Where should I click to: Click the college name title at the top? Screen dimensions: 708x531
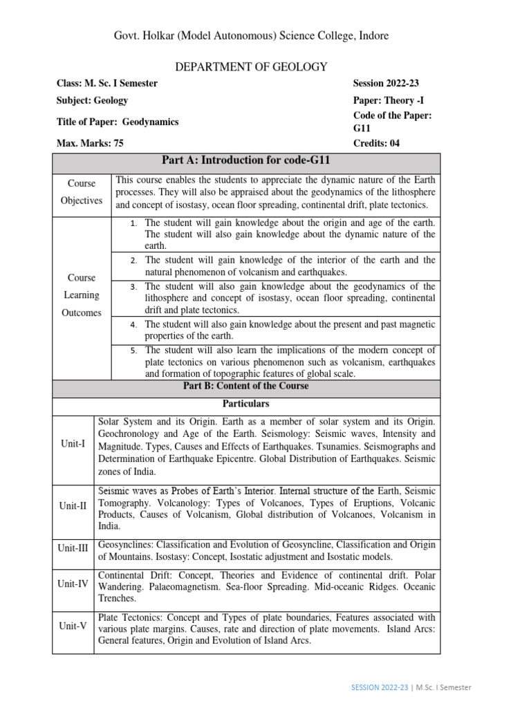255,35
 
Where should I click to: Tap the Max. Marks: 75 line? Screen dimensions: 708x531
91,144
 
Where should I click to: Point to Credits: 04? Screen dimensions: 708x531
376,144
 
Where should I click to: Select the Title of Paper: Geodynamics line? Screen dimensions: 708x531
118,122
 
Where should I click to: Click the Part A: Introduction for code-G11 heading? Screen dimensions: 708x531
246,161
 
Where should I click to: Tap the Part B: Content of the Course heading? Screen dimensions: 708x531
246,386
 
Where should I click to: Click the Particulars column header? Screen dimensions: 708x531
246,404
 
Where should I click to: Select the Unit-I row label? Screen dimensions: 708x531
73,443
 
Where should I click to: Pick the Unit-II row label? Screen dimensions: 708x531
73,506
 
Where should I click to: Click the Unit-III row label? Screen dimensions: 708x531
73,548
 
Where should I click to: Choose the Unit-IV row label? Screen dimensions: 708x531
73,584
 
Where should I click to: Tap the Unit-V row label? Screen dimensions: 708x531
73,626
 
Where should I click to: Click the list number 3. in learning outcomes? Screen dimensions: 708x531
134,287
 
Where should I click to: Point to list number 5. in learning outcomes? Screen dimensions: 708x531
134,351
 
